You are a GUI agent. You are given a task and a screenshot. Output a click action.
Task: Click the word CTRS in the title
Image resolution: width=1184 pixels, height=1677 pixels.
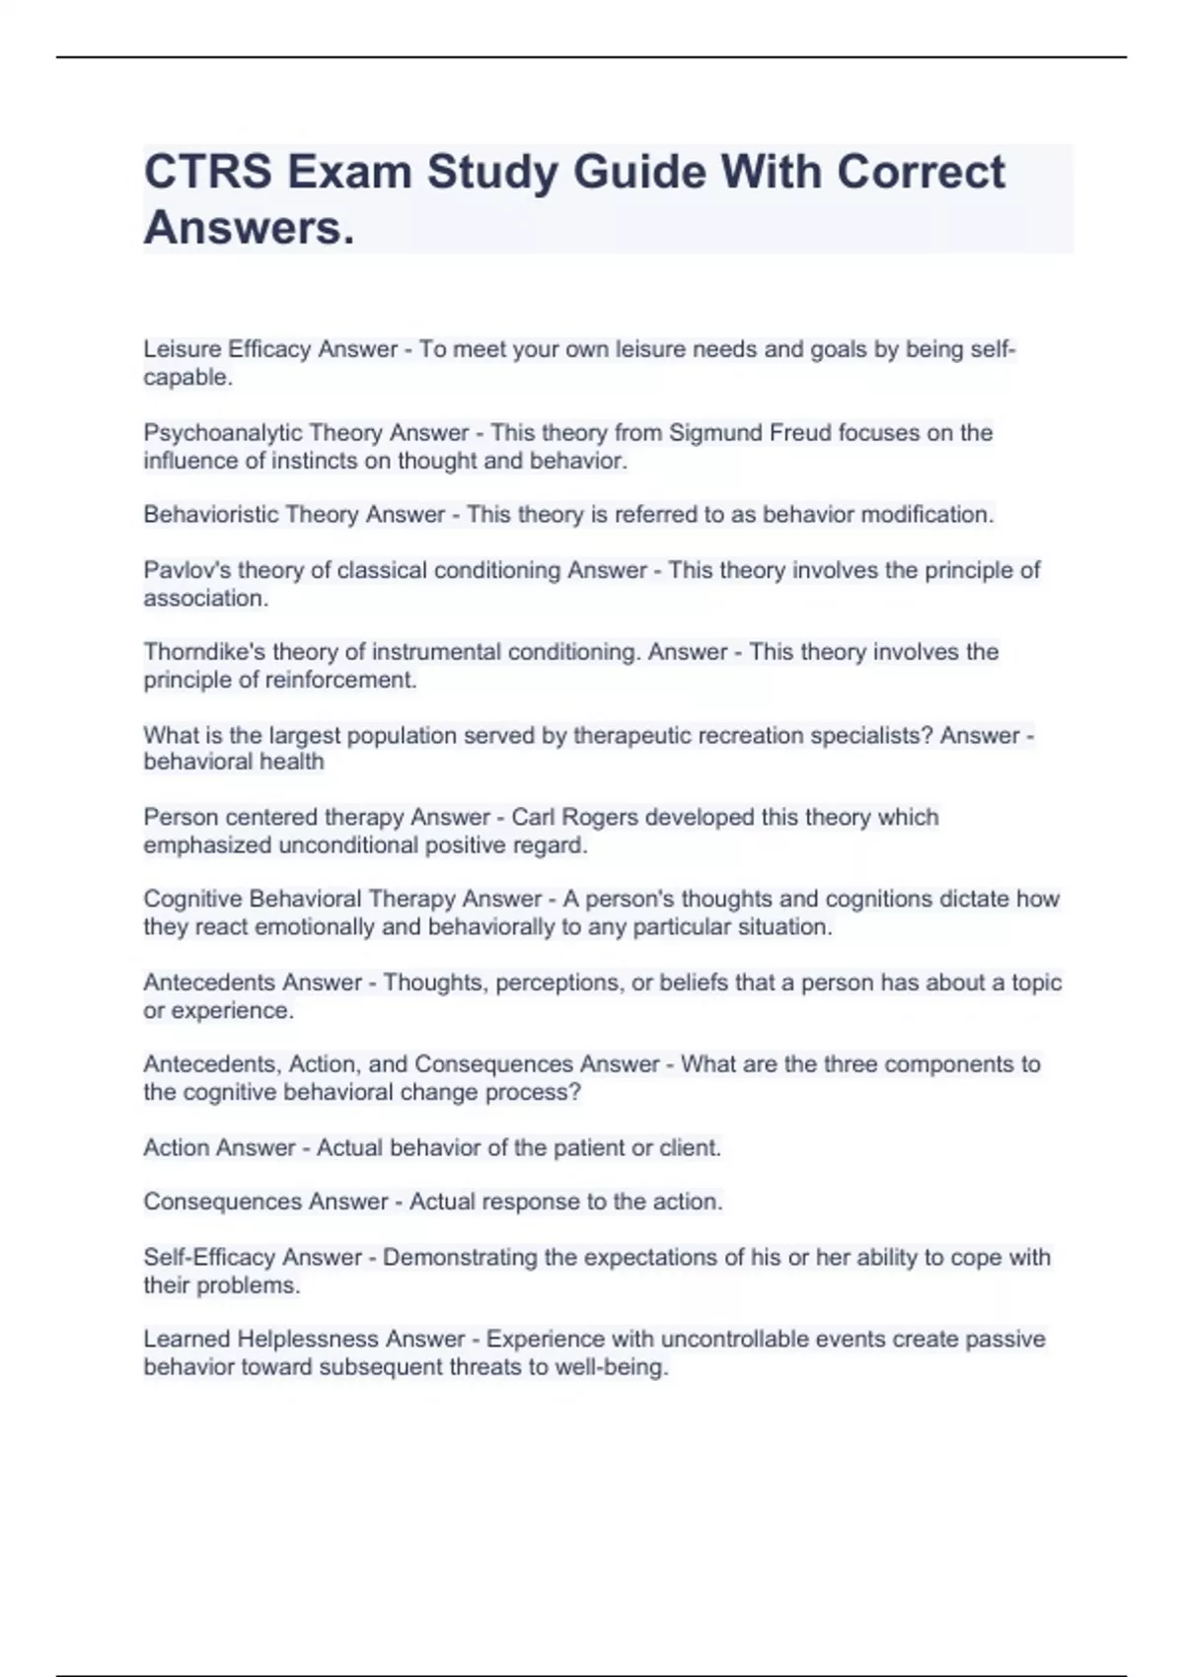(208, 173)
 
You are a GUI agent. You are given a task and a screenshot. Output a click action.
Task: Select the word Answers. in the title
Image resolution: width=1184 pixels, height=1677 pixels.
(249, 229)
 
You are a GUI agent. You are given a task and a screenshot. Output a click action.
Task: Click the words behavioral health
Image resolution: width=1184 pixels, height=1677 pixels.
(234, 762)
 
